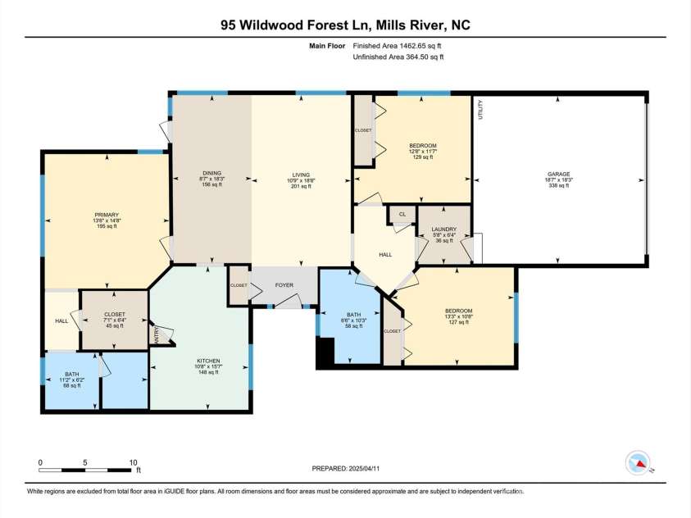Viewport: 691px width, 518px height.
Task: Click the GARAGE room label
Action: [559, 174]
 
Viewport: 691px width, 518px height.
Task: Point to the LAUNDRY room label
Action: [443, 229]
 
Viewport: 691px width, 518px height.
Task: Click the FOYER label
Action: [284, 285]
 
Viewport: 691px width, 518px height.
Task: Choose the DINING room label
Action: [211, 174]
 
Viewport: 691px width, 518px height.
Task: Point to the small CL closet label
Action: [402, 215]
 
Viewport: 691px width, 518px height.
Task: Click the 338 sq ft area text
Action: [559, 186]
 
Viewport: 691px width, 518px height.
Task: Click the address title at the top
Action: [345, 25]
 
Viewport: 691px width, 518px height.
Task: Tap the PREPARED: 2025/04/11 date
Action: [346, 469]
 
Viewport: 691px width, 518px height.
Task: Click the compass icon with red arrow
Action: [637, 463]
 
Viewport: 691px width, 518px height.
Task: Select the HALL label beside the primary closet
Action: [61, 320]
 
